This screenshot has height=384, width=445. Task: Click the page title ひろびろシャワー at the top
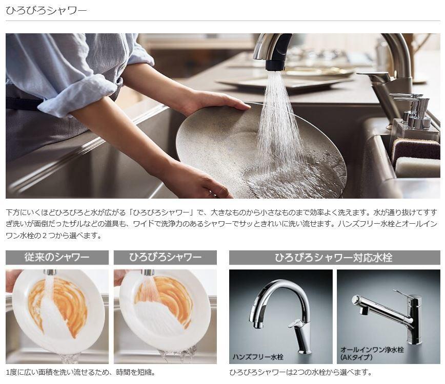tap(46, 10)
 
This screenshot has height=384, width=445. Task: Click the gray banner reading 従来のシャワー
tap(57, 258)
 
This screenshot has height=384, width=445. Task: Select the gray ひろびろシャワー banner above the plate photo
tap(165, 258)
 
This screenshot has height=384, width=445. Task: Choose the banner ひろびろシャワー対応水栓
tap(335, 258)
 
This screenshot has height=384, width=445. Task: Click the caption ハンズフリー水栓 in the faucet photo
tap(258, 357)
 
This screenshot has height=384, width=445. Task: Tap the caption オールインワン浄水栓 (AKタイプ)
tap(372, 353)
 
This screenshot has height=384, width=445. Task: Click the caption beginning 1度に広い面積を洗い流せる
tap(80, 372)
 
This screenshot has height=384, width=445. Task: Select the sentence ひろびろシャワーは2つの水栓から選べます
tap(300, 372)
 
